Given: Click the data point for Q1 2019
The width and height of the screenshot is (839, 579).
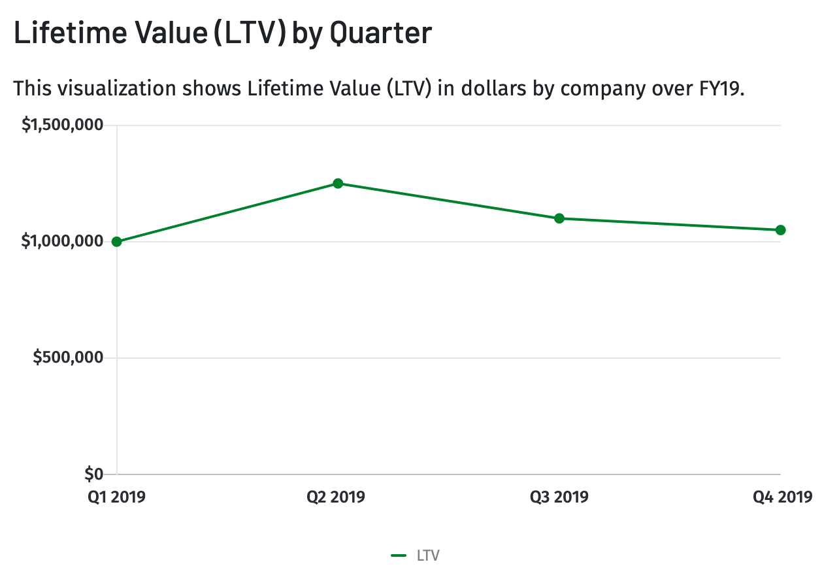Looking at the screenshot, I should click(117, 242).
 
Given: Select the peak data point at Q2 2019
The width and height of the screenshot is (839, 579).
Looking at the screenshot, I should click(338, 184).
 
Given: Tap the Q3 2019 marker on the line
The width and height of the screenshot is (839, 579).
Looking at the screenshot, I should click(559, 218).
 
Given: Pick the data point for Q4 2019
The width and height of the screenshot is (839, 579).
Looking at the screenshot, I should click(780, 230).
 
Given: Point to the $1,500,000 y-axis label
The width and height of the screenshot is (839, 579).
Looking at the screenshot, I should click(63, 125).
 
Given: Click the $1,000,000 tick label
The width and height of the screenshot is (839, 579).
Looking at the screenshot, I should click(63, 242).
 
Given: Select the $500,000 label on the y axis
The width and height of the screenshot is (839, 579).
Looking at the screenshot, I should click(69, 358).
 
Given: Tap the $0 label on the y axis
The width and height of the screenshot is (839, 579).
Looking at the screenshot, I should click(94, 474).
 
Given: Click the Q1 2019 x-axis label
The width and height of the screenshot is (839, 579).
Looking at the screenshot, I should click(117, 497).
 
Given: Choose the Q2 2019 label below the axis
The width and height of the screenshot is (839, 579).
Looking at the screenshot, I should click(336, 497).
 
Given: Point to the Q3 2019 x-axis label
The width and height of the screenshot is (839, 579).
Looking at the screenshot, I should click(559, 497).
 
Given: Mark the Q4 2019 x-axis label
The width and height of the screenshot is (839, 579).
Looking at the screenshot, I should click(782, 497).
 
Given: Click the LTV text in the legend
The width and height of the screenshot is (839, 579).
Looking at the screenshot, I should click(428, 556).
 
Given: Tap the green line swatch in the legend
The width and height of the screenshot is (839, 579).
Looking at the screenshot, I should click(399, 556).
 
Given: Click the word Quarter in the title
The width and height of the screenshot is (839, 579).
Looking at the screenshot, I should click(380, 34).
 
